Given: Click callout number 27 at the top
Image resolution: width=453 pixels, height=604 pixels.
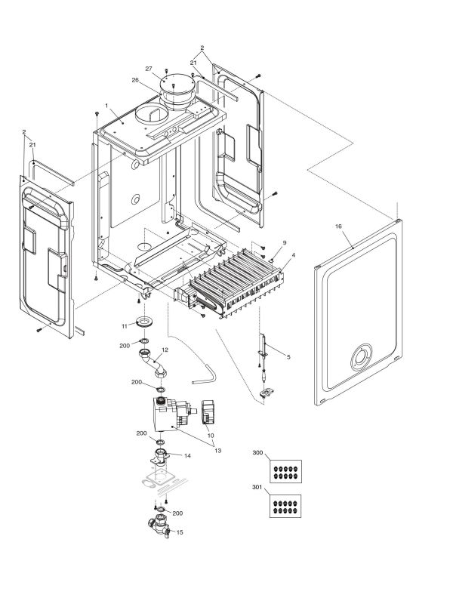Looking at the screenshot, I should (159, 68).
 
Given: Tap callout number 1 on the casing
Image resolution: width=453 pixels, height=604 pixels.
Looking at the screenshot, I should (107, 104).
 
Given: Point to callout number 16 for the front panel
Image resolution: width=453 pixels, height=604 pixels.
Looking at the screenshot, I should (339, 226).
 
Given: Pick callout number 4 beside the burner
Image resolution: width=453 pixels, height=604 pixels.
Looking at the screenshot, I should (293, 257).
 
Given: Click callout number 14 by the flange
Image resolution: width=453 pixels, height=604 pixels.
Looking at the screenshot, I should (186, 457).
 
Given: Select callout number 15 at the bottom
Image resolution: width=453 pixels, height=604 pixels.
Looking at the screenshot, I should (180, 533).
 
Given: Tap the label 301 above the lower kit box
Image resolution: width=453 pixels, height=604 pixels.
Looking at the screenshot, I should (257, 488).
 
